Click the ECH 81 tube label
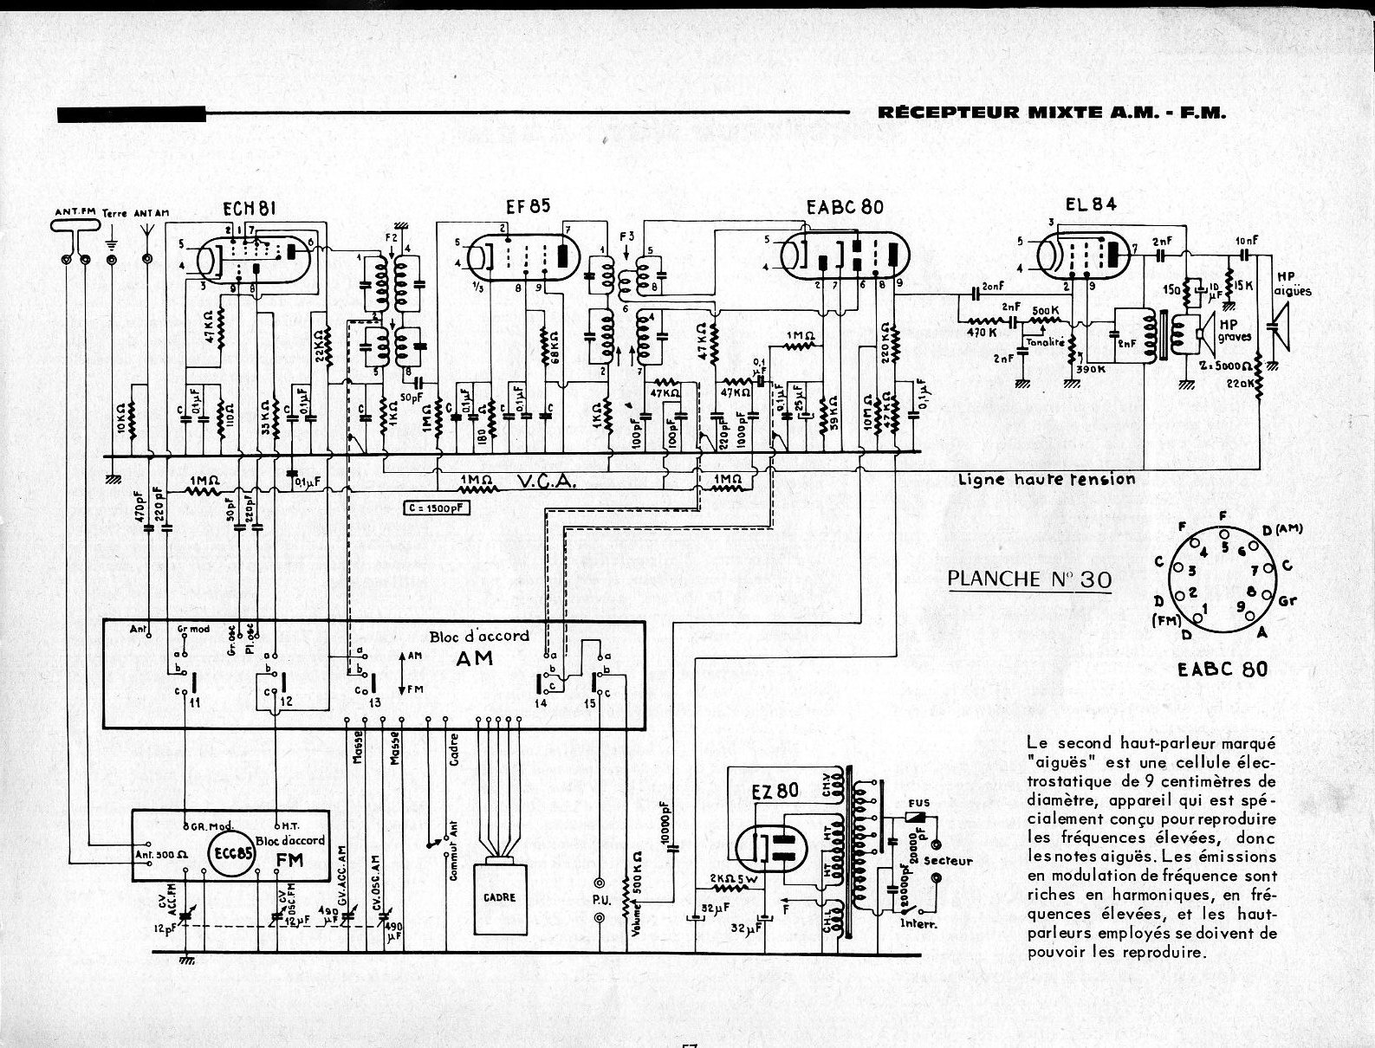coord(249,208)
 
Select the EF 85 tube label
coord(528,206)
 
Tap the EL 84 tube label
coord(1091,204)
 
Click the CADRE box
coord(500,897)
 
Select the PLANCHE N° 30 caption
coord(1029,579)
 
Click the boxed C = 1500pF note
coord(436,508)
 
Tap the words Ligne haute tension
coord(1046,479)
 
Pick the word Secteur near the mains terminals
coord(948,861)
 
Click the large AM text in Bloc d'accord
coord(475,658)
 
